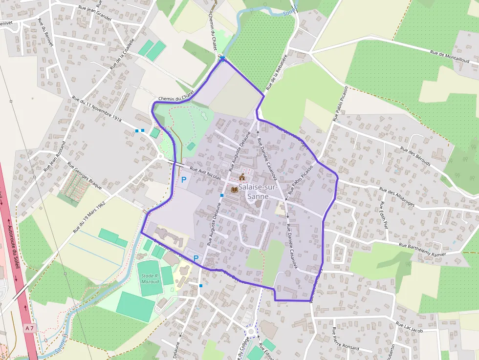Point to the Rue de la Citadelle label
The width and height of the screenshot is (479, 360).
[x=122, y=54]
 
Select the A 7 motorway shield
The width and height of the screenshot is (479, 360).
[x=29, y=328]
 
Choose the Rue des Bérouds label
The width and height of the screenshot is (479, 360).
[x=417, y=156]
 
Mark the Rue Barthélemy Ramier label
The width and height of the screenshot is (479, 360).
[x=423, y=249]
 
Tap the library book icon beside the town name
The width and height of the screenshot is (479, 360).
[x=235, y=190]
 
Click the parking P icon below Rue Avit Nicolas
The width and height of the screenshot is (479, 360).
[x=184, y=180]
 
